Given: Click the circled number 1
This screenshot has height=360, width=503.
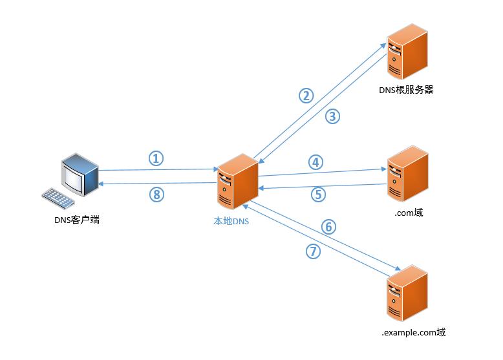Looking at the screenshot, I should pyautogui.click(x=157, y=158).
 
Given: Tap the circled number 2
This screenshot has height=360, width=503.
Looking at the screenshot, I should pyautogui.click(x=306, y=96).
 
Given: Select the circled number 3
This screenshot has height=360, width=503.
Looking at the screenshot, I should pyautogui.click(x=332, y=116).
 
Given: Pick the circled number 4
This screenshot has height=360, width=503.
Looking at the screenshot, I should pyautogui.click(x=315, y=162).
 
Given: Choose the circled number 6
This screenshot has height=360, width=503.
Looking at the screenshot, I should pyautogui.click(x=328, y=227).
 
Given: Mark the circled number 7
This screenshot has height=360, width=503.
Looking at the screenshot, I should pyautogui.click(x=312, y=252).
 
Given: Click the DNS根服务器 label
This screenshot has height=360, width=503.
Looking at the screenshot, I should pyautogui.click(x=405, y=90).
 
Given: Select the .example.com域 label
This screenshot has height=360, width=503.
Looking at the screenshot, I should pyautogui.click(x=414, y=333).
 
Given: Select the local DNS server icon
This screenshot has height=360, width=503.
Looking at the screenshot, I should pyautogui.click(x=237, y=184).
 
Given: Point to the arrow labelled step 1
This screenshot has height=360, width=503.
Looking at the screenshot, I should pyautogui.click(x=158, y=170).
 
